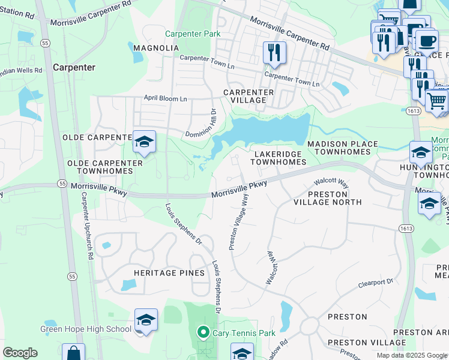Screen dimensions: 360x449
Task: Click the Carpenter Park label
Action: point(193,34)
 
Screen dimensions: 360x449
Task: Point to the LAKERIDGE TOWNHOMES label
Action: point(278,158)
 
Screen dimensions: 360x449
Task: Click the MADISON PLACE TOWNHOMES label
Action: point(343,148)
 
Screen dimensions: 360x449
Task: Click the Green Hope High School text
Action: point(86,329)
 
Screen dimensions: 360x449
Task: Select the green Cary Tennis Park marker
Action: point(203,332)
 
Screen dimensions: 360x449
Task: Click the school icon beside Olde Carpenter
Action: point(144,142)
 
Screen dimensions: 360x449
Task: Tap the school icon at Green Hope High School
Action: point(146,320)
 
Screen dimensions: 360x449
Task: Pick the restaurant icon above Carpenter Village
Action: point(274,52)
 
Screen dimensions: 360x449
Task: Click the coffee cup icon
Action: point(427,41)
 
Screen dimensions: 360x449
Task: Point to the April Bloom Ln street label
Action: point(165,98)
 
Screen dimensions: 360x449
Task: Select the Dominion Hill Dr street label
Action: point(200,124)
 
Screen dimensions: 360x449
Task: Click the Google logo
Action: point(19,353)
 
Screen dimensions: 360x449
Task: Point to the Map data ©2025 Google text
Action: point(411,355)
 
